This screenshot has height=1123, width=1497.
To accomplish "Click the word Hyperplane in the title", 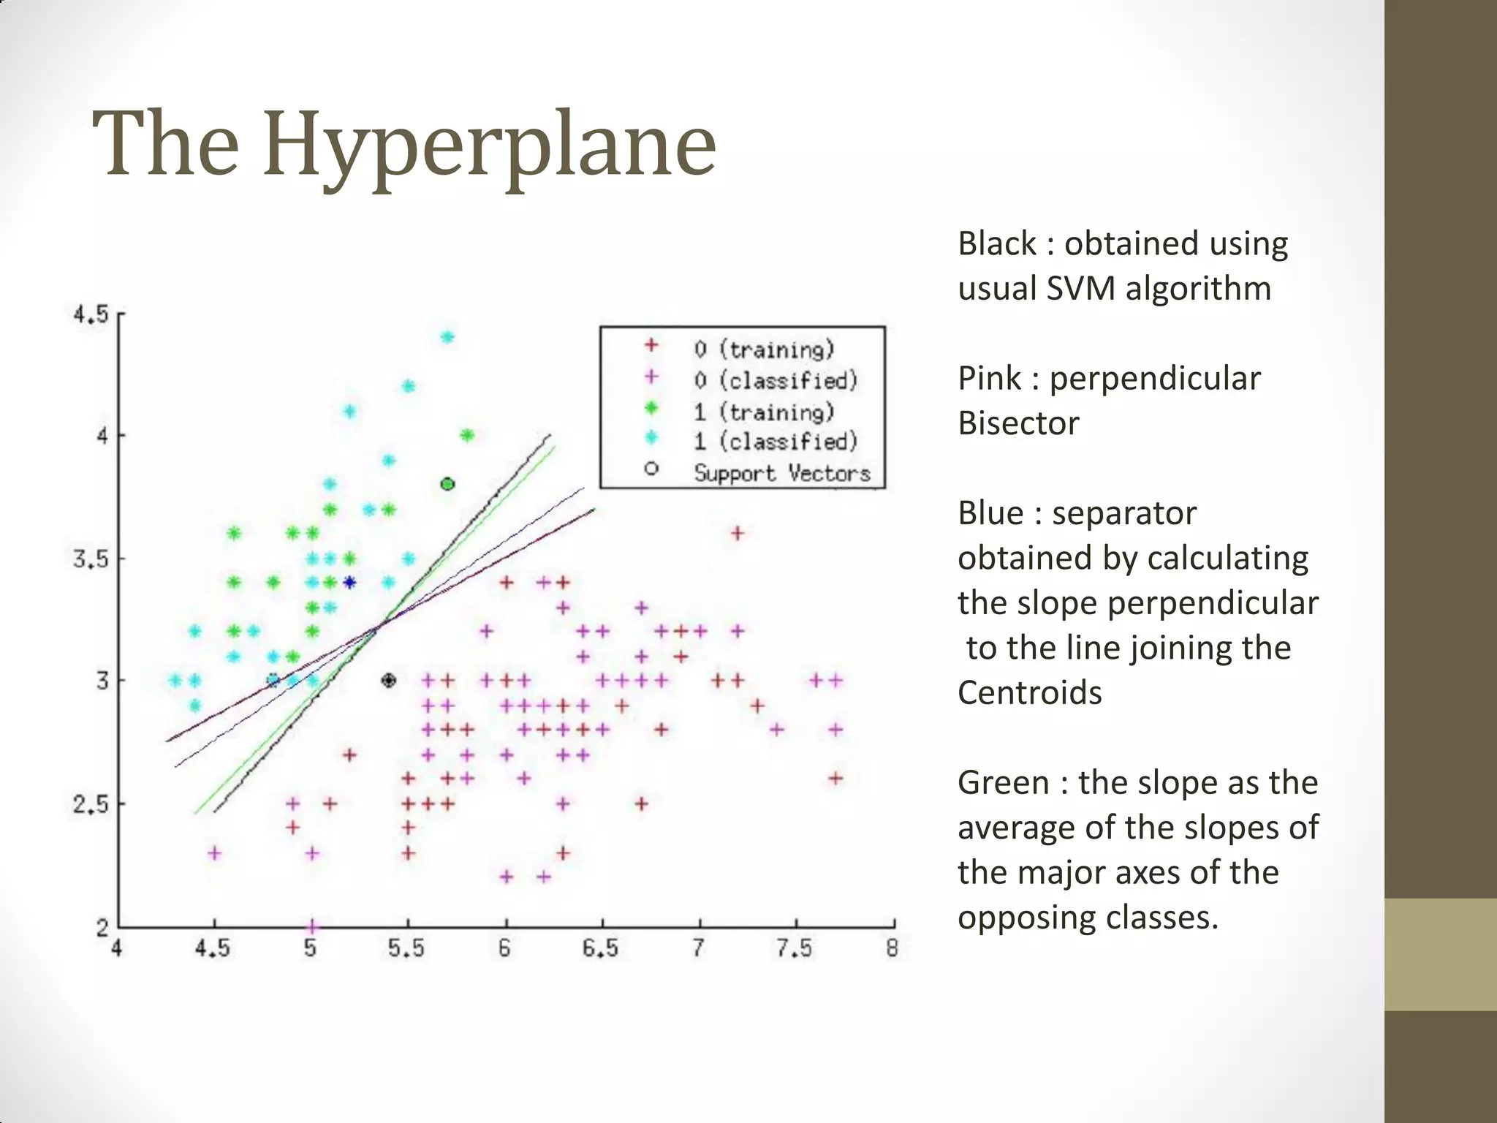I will [x=488, y=145].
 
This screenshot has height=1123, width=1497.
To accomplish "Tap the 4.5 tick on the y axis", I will [x=90, y=315].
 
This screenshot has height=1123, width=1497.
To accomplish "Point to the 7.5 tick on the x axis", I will [x=794, y=948].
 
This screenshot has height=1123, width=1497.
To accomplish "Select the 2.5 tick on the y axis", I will [x=90, y=804].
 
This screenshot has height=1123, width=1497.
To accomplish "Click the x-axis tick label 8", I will [x=892, y=948].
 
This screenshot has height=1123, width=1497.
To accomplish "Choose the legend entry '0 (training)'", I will [x=763, y=349].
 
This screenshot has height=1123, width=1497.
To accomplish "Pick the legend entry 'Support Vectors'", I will [x=781, y=473].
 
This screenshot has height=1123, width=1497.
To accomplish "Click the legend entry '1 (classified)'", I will [x=775, y=442].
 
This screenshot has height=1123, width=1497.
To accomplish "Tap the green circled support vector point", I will [x=448, y=484].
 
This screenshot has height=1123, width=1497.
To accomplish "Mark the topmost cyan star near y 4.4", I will [x=448, y=337].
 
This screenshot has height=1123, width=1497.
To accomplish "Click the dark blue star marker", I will [x=349, y=583].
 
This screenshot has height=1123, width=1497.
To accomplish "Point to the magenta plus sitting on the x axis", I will [x=312, y=926].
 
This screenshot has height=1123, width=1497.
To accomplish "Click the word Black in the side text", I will [x=996, y=243].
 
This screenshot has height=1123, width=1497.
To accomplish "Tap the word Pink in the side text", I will [x=989, y=379].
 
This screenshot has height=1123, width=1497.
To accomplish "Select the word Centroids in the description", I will [x=1029, y=692].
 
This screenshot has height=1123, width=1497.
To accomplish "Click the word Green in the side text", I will [x=1004, y=782].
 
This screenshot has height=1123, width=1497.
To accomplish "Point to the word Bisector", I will [x=1017, y=423].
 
